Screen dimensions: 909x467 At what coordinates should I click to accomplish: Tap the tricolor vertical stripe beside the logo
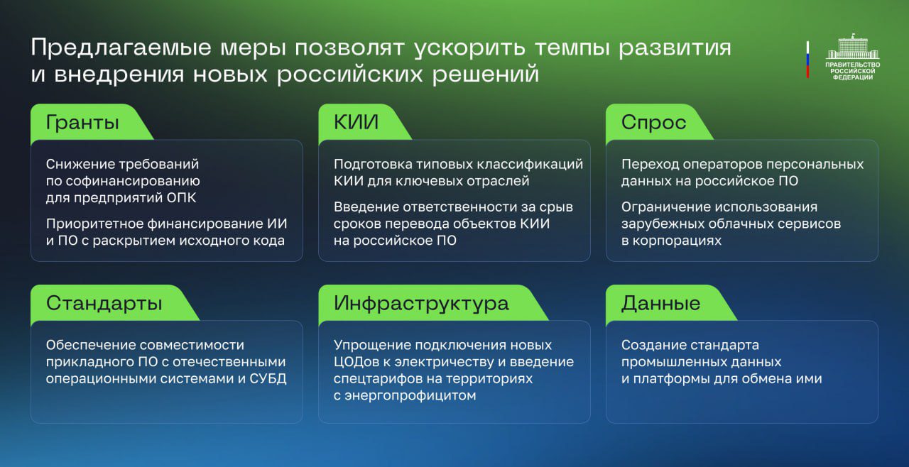coord(807,59)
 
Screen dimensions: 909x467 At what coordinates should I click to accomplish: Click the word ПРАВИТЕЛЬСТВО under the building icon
coord(853,65)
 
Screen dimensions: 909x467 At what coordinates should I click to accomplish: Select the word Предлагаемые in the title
coord(121,48)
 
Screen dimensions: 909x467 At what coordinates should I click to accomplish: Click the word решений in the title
coord(485,75)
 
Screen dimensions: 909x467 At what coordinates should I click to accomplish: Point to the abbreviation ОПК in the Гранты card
coord(181,198)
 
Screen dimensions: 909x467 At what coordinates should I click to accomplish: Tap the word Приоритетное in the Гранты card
coord(94,224)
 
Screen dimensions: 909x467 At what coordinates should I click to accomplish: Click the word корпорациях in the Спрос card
coord(677,241)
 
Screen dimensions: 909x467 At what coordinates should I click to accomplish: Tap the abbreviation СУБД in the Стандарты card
coord(268,378)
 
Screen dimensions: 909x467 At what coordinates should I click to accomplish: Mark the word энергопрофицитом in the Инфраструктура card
coord(410,396)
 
